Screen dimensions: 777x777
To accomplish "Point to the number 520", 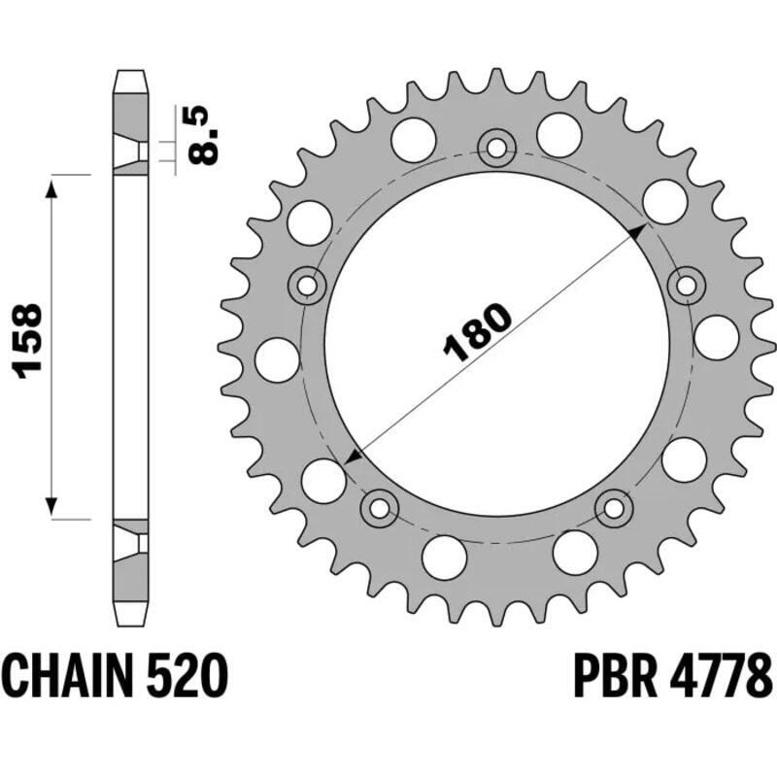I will (x=191, y=673).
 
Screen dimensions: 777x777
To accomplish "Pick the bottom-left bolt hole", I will (x=380, y=507).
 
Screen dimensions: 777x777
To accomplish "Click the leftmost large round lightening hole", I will (x=276, y=359).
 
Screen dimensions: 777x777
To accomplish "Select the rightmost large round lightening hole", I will (x=717, y=336).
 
